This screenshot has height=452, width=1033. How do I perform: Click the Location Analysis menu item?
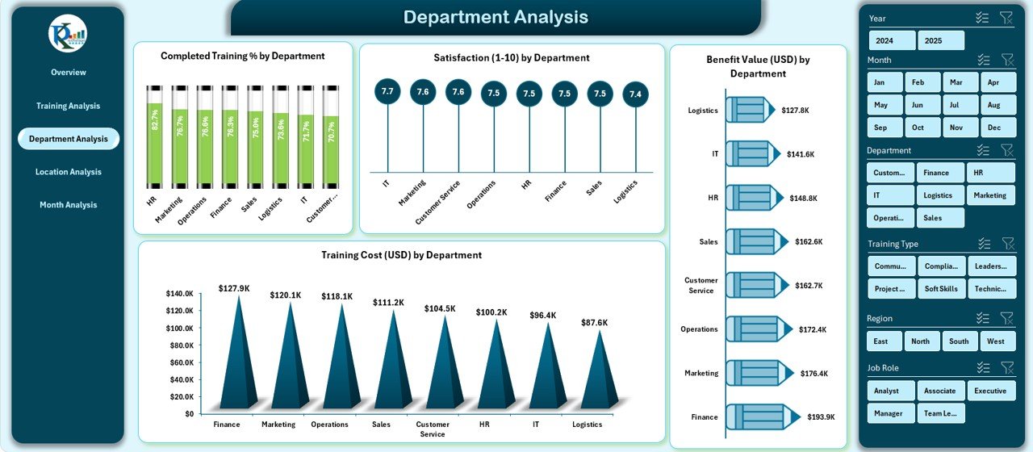pyautogui.click(x=69, y=172)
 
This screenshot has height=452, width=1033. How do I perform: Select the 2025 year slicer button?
pyautogui.click(x=941, y=40)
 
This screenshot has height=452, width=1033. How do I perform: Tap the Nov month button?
pyautogui.click(x=956, y=128)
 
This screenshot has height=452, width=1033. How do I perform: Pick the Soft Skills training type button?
pyautogui.click(x=941, y=288)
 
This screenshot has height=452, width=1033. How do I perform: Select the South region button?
pyautogui.click(x=959, y=341)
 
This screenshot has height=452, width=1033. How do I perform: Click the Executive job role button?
pyautogui.click(x=990, y=391)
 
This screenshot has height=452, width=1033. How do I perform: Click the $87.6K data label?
pyautogui.click(x=594, y=323)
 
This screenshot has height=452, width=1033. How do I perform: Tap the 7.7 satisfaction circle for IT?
pyautogui.click(x=387, y=92)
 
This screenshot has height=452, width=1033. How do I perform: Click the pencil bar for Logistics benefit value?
pyautogui.click(x=751, y=110)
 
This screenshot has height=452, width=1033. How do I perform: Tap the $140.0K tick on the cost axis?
pyautogui.click(x=179, y=294)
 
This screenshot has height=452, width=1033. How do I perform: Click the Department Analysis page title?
pyautogui.click(x=496, y=17)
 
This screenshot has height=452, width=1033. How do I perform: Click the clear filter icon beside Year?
pyautogui.click(x=1006, y=18)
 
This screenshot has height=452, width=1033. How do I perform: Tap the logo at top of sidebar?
pyautogui.click(x=68, y=34)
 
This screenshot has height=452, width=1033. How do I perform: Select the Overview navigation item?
pyautogui.click(x=69, y=73)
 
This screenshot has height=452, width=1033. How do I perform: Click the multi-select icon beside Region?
pyautogui.click(x=982, y=318)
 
